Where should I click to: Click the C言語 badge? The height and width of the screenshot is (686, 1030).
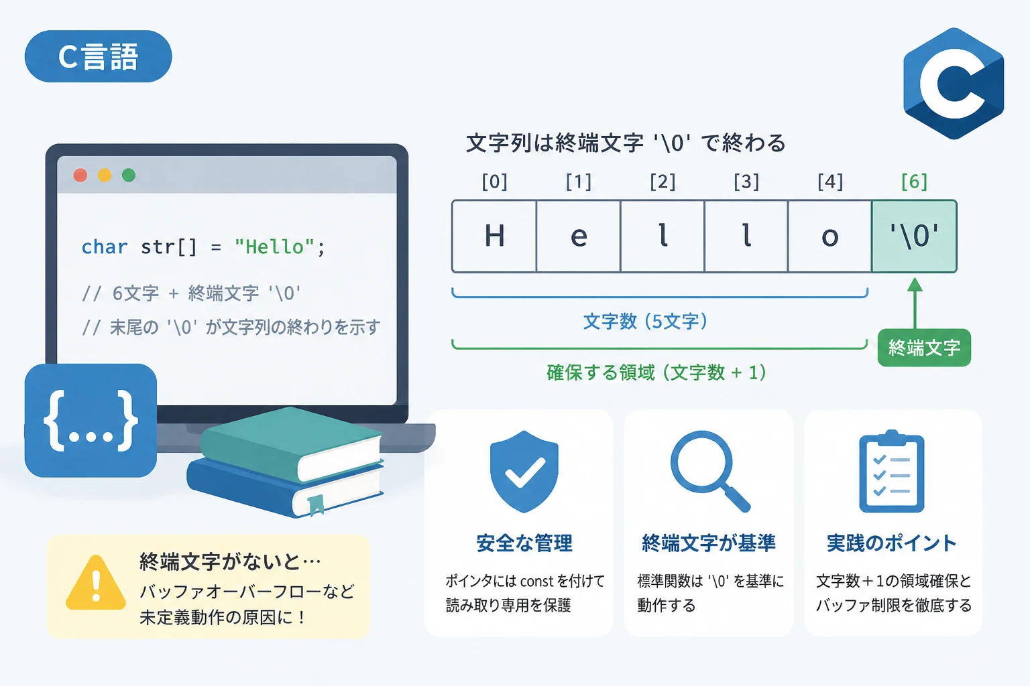click(98, 56)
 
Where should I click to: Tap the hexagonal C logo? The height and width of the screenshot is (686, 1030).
click(953, 84)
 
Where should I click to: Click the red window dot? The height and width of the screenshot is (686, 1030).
click(80, 175)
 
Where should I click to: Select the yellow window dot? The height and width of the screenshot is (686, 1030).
click(105, 175)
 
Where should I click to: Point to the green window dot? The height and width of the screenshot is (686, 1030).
click(129, 175)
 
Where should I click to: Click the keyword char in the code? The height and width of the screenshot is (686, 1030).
click(105, 247)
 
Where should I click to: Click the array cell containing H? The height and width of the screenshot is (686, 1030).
click(494, 236)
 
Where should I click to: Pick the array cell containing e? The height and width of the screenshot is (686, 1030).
click(579, 236)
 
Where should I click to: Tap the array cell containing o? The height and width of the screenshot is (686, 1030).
click(829, 236)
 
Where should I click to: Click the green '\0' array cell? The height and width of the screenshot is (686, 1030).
click(914, 236)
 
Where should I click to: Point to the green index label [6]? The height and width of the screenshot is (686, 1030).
click(914, 182)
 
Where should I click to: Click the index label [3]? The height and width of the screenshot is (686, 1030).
click(746, 182)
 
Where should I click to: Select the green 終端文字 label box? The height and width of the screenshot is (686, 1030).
click(924, 348)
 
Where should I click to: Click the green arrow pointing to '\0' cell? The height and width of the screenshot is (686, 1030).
click(915, 303)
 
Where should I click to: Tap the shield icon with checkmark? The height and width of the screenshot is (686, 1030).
click(524, 472)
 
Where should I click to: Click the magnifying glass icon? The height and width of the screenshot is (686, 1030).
click(710, 471)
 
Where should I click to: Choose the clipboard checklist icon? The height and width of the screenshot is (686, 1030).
click(892, 471)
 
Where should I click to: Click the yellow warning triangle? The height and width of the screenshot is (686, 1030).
click(96, 583)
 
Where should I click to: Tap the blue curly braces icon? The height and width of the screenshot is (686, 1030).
click(91, 421)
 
